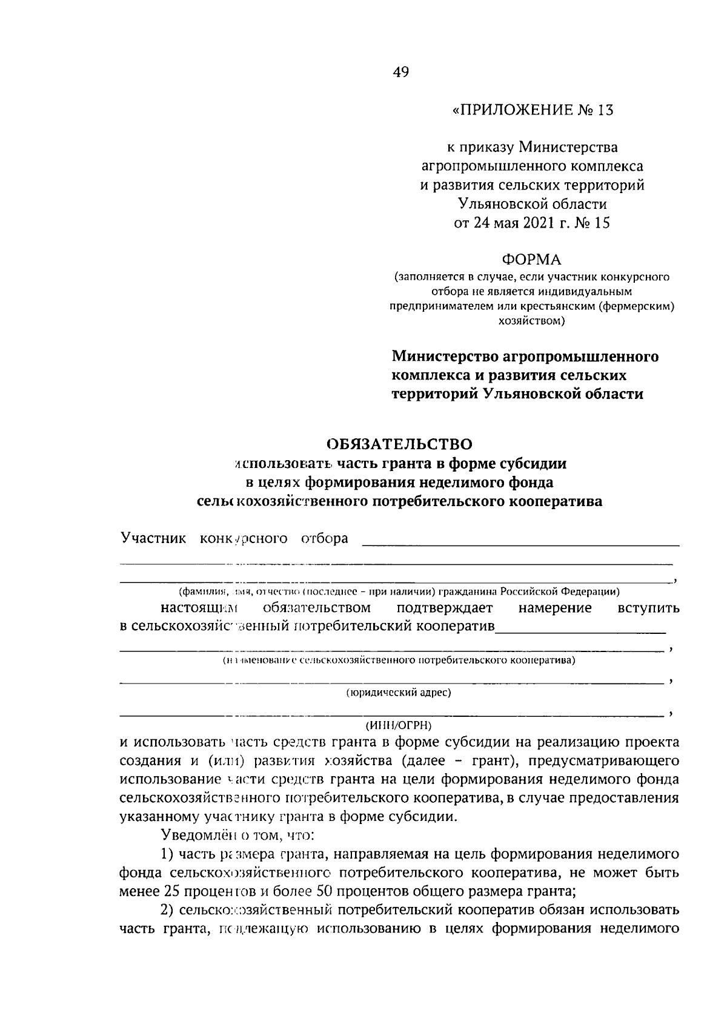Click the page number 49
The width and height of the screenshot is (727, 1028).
click(401, 73)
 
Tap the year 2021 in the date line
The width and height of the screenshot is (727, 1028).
click(536, 223)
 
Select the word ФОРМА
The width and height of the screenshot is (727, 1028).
click(531, 260)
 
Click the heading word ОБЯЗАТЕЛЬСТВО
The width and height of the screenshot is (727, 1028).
click(399, 444)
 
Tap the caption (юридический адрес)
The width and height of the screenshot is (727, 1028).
click(399, 693)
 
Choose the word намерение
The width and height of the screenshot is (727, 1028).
click(556, 607)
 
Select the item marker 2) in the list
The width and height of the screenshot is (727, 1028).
click(167, 910)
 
